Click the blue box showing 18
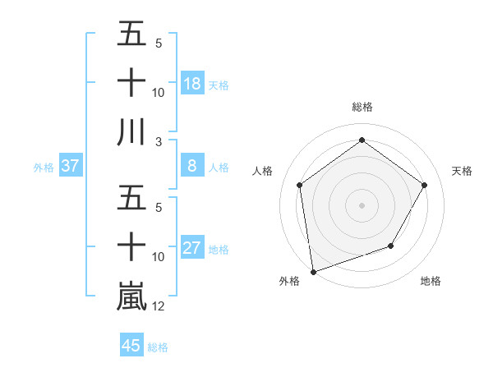tap(191, 83)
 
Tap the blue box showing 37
tap(70, 167)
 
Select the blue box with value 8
tap(191, 167)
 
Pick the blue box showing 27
tap(191, 249)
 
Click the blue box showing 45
tap(131, 346)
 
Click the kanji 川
tap(131, 131)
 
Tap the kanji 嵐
tap(131, 296)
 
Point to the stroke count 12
tap(159, 306)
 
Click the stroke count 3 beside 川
tap(158, 142)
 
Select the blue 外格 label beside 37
tap(44, 168)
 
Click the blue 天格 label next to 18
tap(219, 85)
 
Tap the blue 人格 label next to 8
tap(219, 168)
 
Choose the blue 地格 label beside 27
tap(219, 250)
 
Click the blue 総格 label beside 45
tap(158, 347)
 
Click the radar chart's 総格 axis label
tap(362, 107)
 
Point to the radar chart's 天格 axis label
tap(462, 171)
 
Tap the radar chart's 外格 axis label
tap(289, 281)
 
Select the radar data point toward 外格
tap(313, 271)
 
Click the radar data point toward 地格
tap(391, 246)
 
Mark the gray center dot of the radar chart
tap(362, 204)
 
